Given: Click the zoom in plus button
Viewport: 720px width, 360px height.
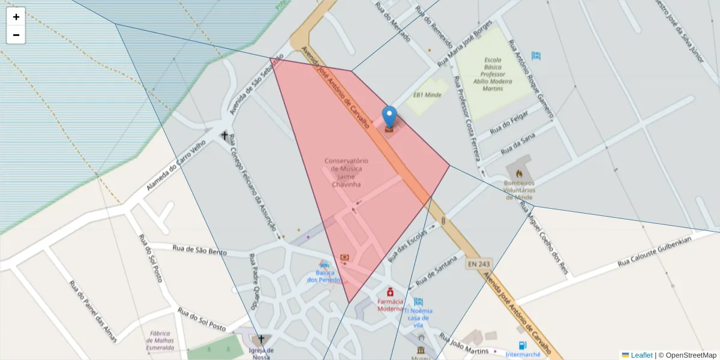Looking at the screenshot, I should coord(16,17).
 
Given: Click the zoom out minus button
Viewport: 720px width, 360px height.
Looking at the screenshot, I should coord(16,35).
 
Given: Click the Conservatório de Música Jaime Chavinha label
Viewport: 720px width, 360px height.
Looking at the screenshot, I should coord(346,172).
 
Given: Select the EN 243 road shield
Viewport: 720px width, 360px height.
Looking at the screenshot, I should coord(478,263).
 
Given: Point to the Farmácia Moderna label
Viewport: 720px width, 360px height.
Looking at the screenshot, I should coord(391,305).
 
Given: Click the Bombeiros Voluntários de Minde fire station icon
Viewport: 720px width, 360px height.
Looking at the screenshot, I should coord(519,173).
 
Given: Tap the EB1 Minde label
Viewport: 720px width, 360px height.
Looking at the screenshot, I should coord(427,95).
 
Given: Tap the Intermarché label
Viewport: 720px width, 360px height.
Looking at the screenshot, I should coord(523,354).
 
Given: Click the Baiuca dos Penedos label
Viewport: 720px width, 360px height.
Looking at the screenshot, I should coord(324,276).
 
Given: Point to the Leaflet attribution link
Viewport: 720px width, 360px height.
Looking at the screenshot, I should coord(641,355).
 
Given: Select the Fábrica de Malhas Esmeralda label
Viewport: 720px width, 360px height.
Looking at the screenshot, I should coord(160,340).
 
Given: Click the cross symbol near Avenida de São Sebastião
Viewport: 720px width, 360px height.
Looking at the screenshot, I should coord(225,136).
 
